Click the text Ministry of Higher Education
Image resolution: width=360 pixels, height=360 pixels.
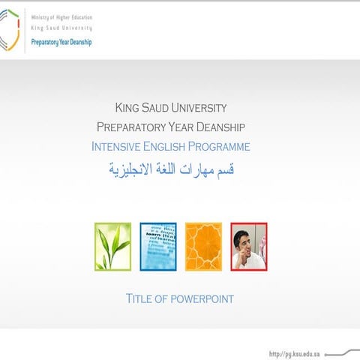61,18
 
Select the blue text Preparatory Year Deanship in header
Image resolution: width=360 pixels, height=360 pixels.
61,43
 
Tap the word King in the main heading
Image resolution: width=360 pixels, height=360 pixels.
127,108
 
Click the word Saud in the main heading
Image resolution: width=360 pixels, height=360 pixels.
159,108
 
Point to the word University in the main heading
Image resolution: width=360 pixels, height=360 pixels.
202,108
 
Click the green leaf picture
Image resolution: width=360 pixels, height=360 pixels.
112,246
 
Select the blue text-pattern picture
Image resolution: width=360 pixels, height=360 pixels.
158,246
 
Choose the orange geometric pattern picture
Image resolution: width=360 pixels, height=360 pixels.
203,246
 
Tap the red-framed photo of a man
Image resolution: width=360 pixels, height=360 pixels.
248,246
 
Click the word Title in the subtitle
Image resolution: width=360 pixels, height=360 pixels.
141,299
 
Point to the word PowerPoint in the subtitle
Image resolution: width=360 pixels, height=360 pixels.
202,299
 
